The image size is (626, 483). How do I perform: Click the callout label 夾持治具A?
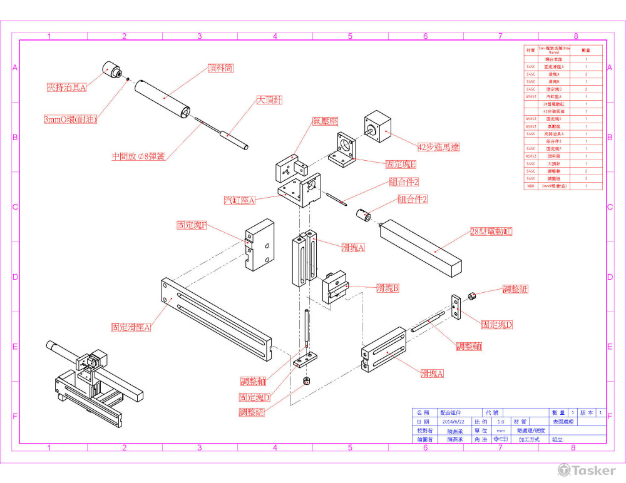coord(66,88)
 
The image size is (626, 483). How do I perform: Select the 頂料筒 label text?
coord(220,68)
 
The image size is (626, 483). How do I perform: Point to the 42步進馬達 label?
coord(438,147)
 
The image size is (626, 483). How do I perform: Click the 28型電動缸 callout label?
coord(491,231)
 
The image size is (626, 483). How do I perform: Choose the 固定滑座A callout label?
coord(131,327)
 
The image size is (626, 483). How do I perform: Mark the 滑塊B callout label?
coord(387,288)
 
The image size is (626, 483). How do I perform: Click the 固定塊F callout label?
coord(192,225)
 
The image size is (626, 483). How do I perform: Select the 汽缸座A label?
coord(240,201)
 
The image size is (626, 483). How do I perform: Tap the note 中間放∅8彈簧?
coord(138,157)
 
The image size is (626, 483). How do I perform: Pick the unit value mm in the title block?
coord(500,430)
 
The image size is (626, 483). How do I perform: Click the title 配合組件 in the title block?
coord(450,413)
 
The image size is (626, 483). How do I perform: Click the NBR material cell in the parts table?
coord(530,186)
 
